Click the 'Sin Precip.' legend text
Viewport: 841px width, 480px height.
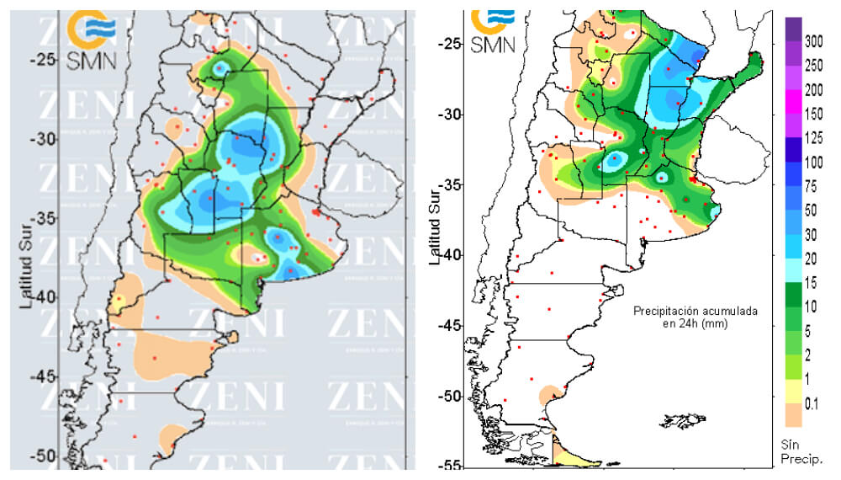pos(806,452)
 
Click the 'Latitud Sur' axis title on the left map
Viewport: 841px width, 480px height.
pos(26,261)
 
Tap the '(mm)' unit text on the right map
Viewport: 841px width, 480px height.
pos(713,323)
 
